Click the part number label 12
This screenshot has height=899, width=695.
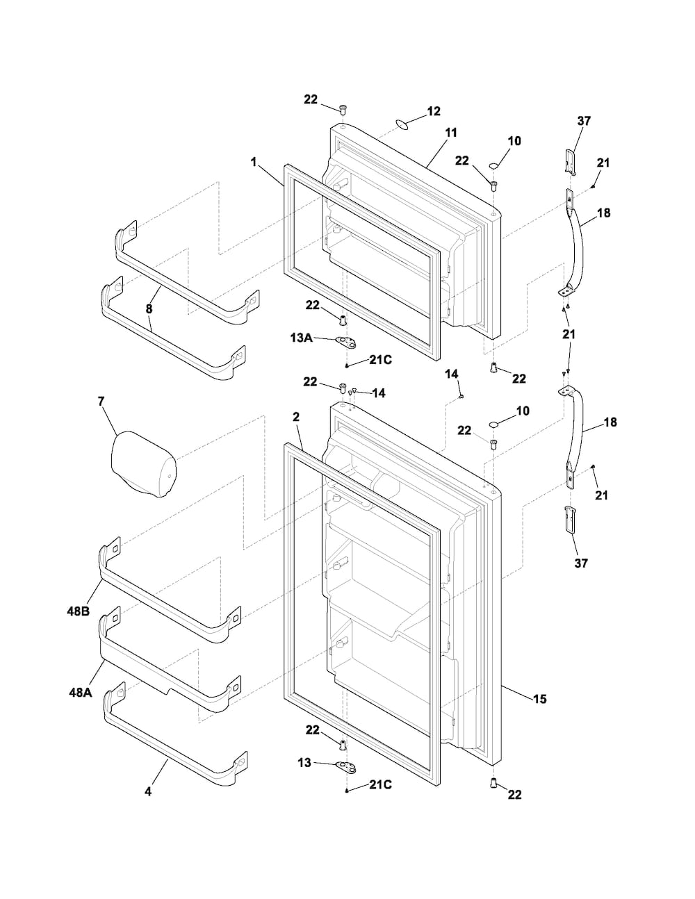434,111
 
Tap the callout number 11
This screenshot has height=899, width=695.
451,133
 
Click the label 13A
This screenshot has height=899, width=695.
301,338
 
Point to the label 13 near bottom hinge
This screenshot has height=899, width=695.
304,763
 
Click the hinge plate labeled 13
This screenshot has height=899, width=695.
346,766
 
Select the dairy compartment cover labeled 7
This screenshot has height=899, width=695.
144,464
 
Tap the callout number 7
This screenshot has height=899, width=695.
101,402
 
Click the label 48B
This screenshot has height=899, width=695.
79,611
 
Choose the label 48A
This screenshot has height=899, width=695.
80,693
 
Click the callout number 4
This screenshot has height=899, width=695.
147,792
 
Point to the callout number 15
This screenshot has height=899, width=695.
540,699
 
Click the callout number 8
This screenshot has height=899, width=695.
149,308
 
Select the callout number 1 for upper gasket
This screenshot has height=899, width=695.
254,162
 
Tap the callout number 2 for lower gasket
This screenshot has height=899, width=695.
295,417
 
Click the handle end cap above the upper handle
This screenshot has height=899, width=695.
571,162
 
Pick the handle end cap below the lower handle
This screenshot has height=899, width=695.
570,520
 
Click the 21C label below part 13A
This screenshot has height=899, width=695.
381,360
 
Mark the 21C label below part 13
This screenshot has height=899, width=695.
381,784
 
